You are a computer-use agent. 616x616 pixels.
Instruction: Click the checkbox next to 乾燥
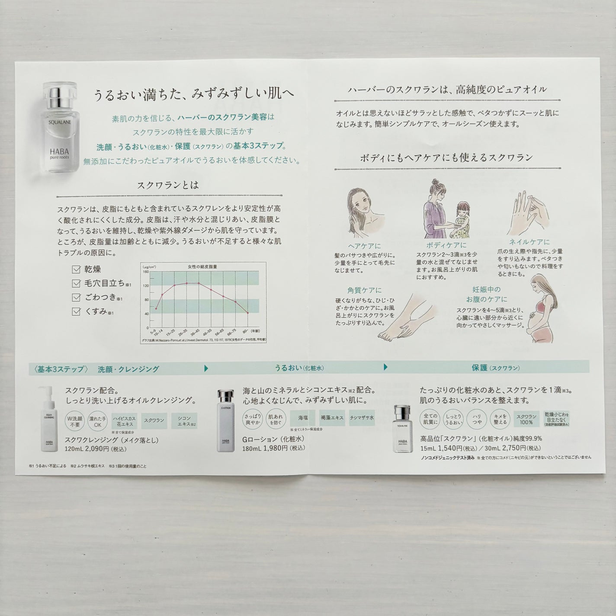76,269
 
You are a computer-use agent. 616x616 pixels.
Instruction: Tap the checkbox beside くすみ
76,311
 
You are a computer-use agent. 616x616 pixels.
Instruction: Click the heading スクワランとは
168,185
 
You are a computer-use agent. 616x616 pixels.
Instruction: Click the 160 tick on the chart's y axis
146,272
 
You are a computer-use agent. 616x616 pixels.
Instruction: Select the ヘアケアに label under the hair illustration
361,246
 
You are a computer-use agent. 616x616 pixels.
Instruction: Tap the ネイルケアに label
530,242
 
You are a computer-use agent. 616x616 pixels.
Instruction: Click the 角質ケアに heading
364,290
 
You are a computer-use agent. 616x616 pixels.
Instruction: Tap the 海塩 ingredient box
302,418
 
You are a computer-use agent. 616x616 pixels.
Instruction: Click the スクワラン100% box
526,419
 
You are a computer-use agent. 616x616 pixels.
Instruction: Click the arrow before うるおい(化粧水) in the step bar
206,369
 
